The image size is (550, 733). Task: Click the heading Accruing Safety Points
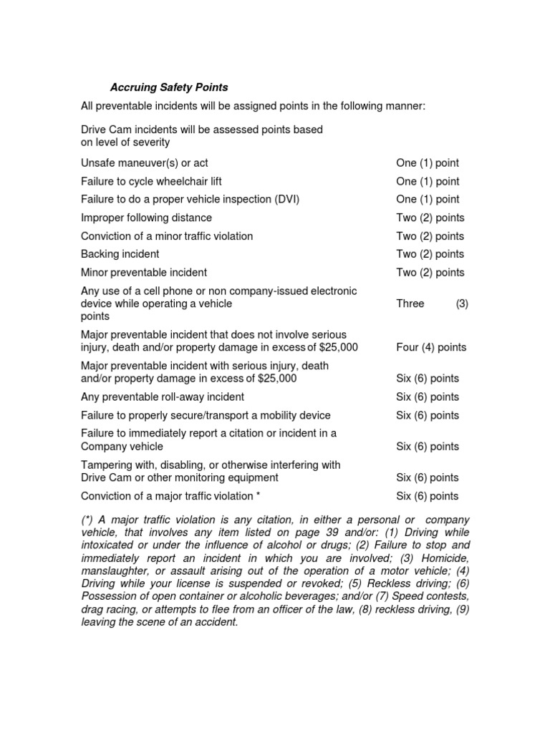pos(169,87)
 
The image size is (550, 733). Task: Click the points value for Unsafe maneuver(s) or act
pos(428,163)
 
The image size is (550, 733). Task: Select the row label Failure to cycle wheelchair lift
pos(156,182)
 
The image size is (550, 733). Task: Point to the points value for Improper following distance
pos(430,218)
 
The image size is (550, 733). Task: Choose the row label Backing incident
pos(120,254)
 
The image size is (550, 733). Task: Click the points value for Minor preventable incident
pos(430,272)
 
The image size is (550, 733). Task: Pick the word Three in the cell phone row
pos(410,304)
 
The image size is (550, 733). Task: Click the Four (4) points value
pos(430,347)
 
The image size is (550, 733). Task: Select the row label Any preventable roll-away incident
pos(163,397)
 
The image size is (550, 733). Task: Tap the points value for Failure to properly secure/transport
pos(428,415)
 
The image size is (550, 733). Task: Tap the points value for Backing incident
pos(430,254)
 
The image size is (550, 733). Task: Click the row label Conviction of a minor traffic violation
pos(167,236)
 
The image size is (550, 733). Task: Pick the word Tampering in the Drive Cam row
pos(107,465)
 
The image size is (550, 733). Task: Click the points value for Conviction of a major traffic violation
pos(428,496)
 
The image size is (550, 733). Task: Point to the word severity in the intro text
pos(146,142)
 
